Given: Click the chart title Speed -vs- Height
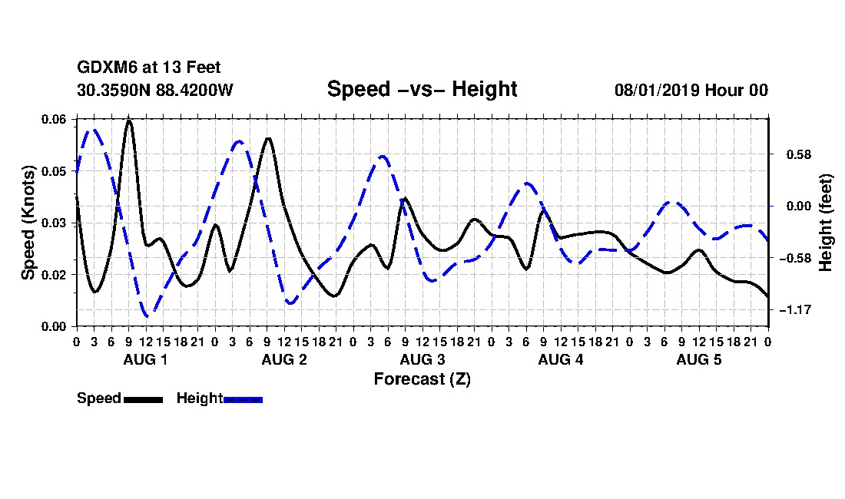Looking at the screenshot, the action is click(x=422, y=89).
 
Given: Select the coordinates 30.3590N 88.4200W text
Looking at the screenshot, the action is click(x=155, y=90).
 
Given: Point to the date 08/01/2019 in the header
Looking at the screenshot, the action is click(x=657, y=90).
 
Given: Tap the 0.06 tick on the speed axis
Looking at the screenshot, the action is click(x=53, y=120).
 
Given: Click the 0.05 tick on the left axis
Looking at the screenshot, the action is click(x=53, y=171).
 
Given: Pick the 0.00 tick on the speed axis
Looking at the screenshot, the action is click(x=53, y=327).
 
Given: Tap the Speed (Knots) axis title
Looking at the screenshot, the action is click(x=28, y=223).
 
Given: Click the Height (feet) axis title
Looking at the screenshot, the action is click(x=826, y=223).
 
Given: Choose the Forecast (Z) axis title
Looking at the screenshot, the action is click(x=422, y=379).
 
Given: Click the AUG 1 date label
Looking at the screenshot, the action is click(x=145, y=359).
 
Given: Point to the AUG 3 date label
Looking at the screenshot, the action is click(x=422, y=359).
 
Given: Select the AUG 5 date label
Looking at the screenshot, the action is click(x=699, y=359).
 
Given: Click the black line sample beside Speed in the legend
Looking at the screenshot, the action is click(x=144, y=399).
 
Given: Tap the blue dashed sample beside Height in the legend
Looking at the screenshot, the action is click(x=243, y=399).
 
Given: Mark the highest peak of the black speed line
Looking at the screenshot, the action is click(x=129, y=120).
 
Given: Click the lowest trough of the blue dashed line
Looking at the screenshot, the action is click(x=147, y=316).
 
